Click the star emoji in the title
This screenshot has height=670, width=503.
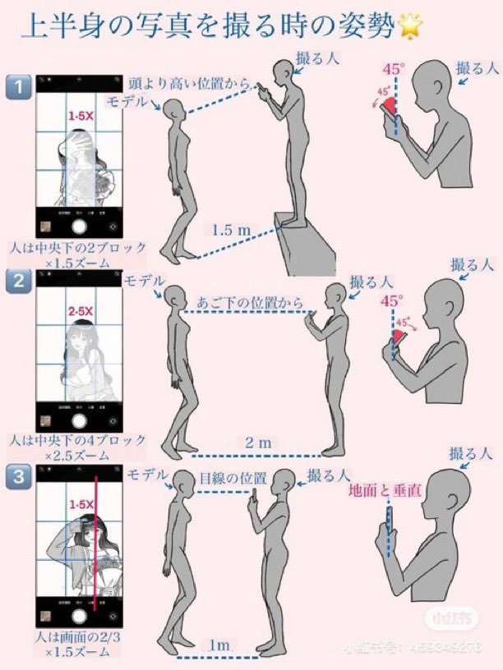(408, 26)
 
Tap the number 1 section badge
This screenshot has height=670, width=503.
(18, 85)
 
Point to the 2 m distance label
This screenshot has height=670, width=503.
(258, 443)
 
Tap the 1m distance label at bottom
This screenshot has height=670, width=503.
(219, 645)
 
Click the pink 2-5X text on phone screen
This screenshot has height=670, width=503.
(80, 313)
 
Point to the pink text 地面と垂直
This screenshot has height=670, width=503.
(385, 491)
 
